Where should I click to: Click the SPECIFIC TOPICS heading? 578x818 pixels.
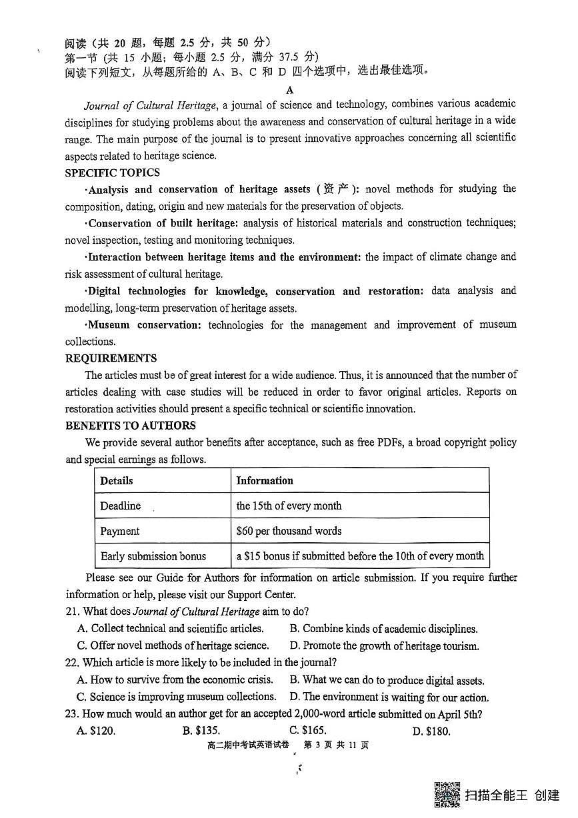pyautogui.click(x=112, y=173)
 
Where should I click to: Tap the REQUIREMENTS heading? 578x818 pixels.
pyautogui.click(x=111, y=358)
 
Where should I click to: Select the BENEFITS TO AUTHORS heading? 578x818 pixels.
pyautogui.click(x=131, y=426)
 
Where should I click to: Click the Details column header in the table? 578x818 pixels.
pyautogui.click(x=117, y=480)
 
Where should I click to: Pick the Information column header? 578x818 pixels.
pyautogui.click(x=265, y=480)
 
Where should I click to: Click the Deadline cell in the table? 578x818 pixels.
pyautogui.click(x=121, y=506)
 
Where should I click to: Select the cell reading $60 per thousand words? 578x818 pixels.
pyautogui.click(x=289, y=531)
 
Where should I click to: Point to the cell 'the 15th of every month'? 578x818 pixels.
pyautogui.click(x=289, y=506)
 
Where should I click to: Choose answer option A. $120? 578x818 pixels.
pyautogui.click(x=96, y=731)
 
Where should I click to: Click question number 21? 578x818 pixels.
pyautogui.click(x=73, y=612)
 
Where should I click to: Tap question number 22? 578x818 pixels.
pyautogui.click(x=73, y=662)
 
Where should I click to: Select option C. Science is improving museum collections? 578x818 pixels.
pyautogui.click(x=177, y=697)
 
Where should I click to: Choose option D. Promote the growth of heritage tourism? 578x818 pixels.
pyautogui.click(x=384, y=645)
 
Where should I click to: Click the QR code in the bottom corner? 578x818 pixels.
pyautogui.click(x=447, y=795)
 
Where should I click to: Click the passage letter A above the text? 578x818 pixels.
pyautogui.click(x=289, y=90)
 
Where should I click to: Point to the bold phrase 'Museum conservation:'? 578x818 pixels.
pyautogui.click(x=144, y=325)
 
